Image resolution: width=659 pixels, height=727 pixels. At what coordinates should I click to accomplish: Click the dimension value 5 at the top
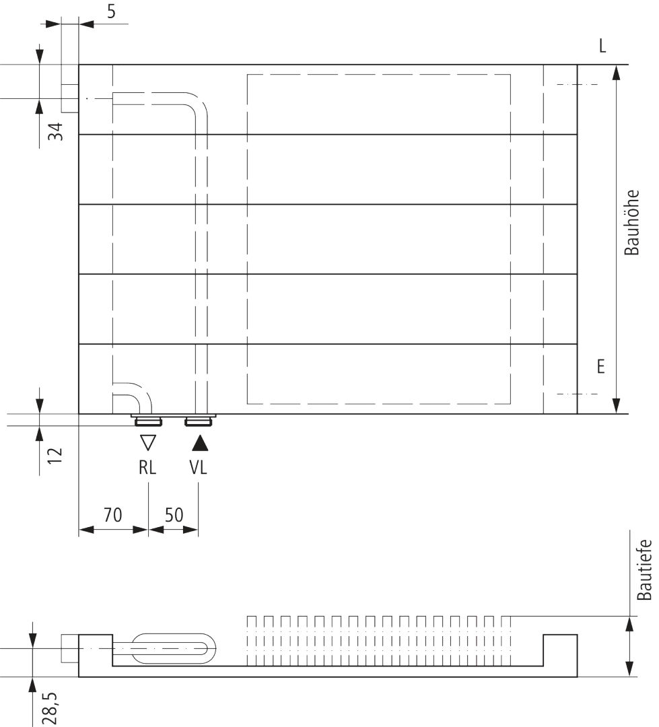111,11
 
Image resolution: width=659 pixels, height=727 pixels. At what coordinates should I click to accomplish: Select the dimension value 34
56,132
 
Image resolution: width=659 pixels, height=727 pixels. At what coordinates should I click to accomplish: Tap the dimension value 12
55,456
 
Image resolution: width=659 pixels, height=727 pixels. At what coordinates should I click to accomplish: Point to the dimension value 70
112,515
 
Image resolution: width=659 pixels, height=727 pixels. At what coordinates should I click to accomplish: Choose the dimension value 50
174,515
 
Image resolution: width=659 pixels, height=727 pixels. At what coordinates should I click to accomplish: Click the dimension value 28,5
49,708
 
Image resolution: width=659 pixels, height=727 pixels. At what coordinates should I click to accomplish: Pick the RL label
147,467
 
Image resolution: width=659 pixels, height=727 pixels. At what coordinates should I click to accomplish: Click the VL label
198,467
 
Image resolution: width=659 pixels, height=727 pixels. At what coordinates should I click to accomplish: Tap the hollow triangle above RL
148,442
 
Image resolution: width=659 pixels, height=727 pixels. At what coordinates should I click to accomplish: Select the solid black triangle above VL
200,443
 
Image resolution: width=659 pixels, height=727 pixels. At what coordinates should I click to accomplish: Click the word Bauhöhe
631,223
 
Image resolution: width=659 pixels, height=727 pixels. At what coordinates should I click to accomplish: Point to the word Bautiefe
645,570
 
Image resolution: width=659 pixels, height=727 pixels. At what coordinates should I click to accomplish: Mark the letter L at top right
602,46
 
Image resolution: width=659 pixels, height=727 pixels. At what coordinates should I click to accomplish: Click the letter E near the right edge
601,367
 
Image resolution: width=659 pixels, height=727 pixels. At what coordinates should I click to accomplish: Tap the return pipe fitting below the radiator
148,421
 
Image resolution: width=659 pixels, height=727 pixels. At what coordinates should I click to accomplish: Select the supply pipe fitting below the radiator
199,421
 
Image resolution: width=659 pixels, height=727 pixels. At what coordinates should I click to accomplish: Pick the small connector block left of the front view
70,98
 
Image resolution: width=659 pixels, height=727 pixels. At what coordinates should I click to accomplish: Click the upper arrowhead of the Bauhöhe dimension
616,73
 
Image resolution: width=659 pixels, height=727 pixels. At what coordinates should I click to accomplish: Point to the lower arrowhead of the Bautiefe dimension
629,668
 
